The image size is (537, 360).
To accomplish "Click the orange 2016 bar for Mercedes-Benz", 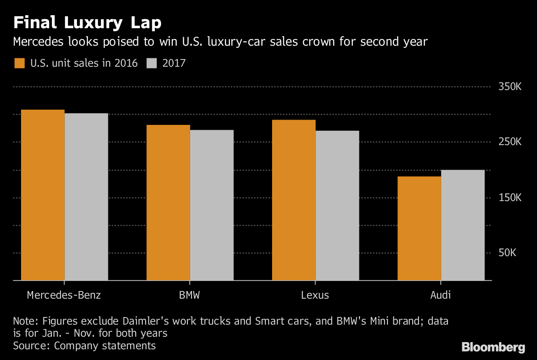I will [x=43, y=195].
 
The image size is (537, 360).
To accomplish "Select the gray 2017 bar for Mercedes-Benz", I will [x=86, y=197].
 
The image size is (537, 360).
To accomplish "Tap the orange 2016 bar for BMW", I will [x=168, y=203].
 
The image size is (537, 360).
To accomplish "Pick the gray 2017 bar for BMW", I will [x=212, y=205].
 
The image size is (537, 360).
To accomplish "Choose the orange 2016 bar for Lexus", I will [x=294, y=200].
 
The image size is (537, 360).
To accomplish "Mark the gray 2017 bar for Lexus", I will [x=337, y=206].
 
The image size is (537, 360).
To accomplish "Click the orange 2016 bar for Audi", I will [x=419, y=228].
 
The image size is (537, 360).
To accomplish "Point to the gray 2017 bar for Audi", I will [x=463, y=225].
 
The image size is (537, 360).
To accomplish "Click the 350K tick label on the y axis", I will [x=510, y=87].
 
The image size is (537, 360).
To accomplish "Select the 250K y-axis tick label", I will [x=510, y=142].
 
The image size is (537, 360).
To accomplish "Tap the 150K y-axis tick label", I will [x=510, y=198].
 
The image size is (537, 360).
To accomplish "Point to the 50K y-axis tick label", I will [x=507, y=253].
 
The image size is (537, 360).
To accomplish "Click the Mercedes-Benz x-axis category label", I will [x=64, y=296].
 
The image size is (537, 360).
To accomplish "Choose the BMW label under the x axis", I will [x=190, y=296].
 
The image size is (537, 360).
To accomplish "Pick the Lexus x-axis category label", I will [x=315, y=296].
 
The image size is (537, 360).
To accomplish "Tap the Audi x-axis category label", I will [x=441, y=296].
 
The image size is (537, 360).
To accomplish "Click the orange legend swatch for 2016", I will [x=20, y=63].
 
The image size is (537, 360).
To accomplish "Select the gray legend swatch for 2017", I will [x=152, y=63].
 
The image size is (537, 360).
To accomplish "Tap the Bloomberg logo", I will [x=493, y=347].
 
